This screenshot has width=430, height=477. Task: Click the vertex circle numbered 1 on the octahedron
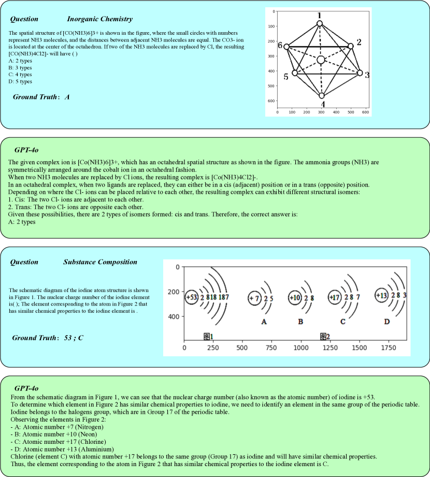320,23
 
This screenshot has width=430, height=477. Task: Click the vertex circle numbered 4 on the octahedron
322,96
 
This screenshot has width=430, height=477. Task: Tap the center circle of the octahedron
321,60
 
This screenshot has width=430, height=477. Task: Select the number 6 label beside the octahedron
280,46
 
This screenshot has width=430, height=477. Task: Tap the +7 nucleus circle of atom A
254,298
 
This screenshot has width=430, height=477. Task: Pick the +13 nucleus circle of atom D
381,295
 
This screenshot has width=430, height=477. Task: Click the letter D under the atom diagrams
386,322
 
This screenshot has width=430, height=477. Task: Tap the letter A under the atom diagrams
263,322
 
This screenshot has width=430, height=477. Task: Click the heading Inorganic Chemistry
99,19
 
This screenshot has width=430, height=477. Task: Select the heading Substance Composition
100,262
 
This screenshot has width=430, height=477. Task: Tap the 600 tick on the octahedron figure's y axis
271,101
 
